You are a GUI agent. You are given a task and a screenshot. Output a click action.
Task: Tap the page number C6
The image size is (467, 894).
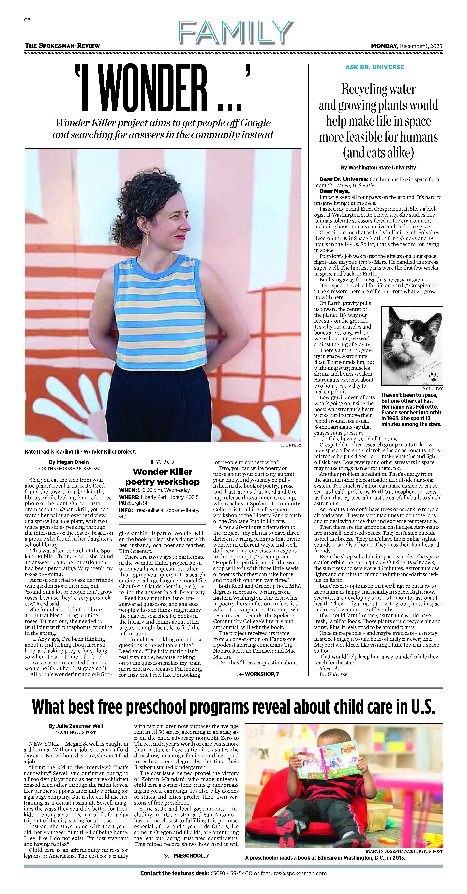[x=27, y=20]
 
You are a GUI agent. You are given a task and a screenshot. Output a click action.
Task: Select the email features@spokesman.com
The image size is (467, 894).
[x=294, y=873]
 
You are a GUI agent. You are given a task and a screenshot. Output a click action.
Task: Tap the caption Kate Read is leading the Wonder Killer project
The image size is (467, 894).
[x=80, y=451]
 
